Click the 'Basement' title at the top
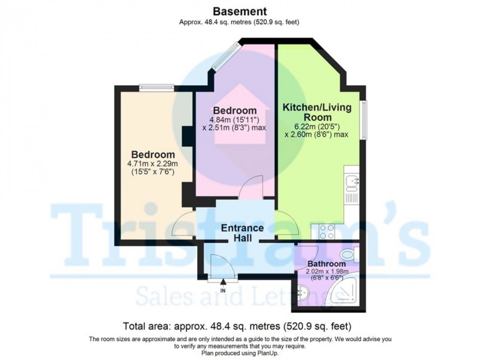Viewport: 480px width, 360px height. coord(240,11)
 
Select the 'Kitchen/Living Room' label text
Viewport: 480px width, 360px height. coord(317,112)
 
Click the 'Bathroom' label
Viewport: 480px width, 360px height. coord(327,264)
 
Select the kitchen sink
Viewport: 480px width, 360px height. coord(352,179)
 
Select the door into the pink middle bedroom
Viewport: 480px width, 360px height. coord(250,187)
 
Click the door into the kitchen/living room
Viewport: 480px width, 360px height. coord(287,224)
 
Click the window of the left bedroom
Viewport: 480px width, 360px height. coord(157,87)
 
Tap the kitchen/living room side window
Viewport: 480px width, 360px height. coord(364,120)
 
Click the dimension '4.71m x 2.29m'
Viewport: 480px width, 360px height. coord(153,164)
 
